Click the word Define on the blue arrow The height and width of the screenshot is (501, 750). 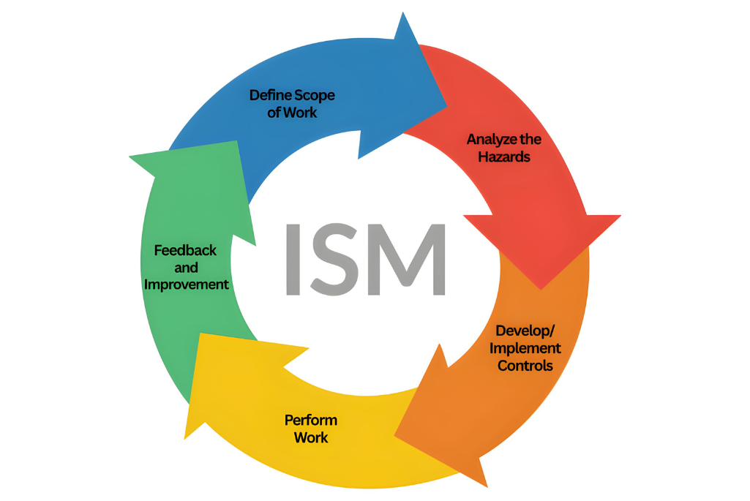coord(270,95)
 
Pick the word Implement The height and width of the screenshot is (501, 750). coord(525,348)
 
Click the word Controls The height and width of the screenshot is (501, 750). coord(525,365)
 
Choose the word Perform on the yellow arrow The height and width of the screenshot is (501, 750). coord(311,421)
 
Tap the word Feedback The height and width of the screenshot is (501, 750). coord(185,250)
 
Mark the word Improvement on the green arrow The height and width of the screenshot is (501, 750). coord(187,285)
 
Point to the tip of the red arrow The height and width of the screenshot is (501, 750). coord(542,287)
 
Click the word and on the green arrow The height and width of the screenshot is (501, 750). coord(186,268)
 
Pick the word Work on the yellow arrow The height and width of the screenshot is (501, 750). coord(311,438)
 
